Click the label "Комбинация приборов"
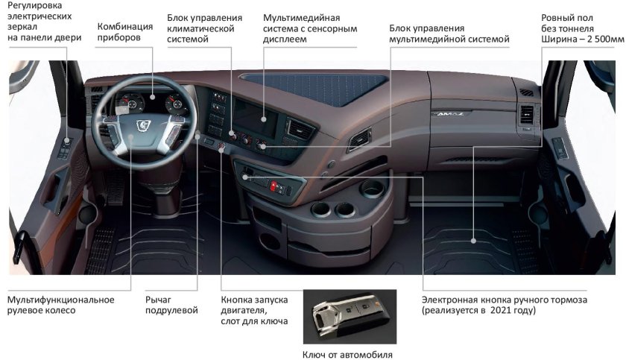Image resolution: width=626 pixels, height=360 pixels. click(125, 32)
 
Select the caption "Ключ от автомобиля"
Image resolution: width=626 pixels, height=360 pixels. click(347, 354)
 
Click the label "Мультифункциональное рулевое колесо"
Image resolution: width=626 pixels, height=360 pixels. click(61, 304)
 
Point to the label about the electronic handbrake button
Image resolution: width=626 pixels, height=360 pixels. click(505, 304)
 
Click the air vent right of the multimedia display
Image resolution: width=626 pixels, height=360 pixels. click(300, 130)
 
